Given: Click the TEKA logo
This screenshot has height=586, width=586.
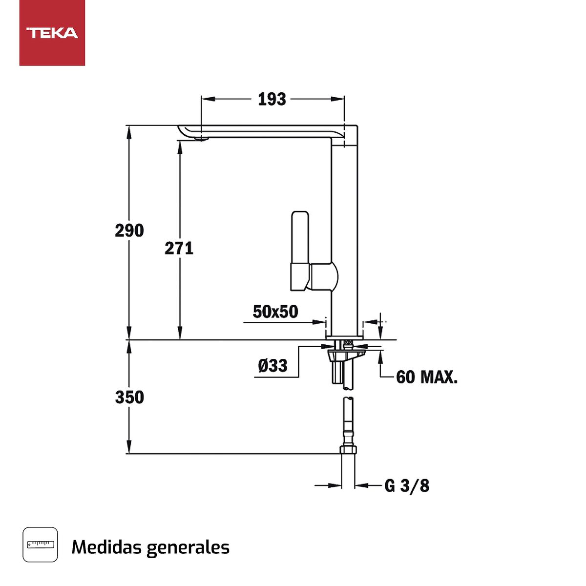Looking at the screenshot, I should [x=52, y=33].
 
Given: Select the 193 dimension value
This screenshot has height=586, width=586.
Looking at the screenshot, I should [x=272, y=99].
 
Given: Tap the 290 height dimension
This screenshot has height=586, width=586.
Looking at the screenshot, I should [x=129, y=230].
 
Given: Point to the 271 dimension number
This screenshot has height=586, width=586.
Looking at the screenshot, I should [x=179, y=248].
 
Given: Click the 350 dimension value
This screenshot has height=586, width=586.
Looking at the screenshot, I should [x=129, y=397].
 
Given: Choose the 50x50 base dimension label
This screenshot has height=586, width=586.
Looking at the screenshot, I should [x=275, y=312].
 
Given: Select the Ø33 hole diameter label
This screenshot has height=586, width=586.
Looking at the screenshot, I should [x=272, y=365].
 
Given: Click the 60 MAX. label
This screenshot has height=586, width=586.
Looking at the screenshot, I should [x=427, y=377].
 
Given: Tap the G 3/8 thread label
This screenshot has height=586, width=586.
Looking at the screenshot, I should [x=407, y=485].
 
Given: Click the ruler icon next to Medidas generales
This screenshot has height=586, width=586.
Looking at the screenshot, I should [x=40, y=544].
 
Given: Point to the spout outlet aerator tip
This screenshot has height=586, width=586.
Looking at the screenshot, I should [x=200, y=140].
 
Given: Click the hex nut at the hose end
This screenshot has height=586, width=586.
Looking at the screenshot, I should [x=348, y=450].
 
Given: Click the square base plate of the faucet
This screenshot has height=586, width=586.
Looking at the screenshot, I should [x=345, y=337].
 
